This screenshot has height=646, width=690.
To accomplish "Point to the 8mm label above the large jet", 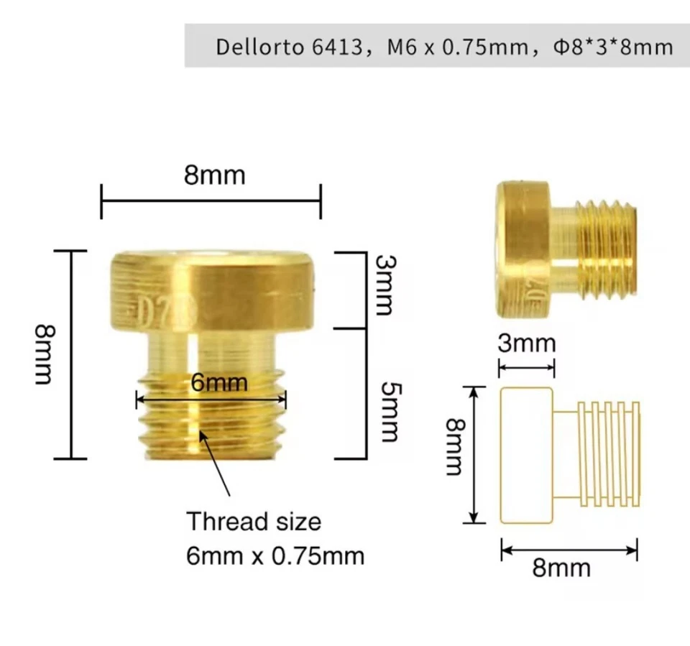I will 214,175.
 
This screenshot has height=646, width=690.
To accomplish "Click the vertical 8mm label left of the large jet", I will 44,354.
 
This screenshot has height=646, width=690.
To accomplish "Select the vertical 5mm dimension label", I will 387,412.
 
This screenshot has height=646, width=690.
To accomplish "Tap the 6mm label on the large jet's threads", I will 218,382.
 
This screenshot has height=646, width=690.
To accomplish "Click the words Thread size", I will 254,521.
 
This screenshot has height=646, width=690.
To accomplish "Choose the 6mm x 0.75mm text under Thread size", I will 275,555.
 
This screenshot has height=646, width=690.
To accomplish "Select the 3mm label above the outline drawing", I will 527,343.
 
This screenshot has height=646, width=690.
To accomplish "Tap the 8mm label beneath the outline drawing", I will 561,568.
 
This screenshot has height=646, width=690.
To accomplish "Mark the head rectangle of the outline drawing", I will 527,455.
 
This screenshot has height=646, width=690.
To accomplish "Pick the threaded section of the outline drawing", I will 608,455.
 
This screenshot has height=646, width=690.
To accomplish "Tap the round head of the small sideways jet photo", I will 525,248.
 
